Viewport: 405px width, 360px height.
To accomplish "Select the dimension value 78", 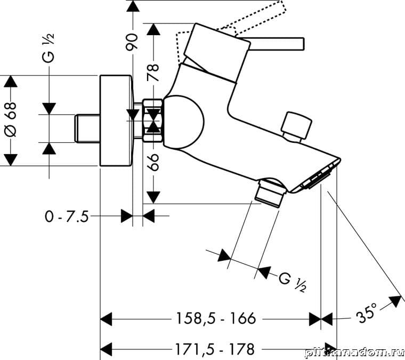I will pos(153,71).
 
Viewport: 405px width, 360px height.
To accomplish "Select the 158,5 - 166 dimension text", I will pos(216,319).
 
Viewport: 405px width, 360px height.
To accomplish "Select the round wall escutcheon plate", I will pos(116,120).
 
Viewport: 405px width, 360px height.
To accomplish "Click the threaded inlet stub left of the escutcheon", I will pos(87,128).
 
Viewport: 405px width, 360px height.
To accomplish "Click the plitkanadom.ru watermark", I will pos(354,352).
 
